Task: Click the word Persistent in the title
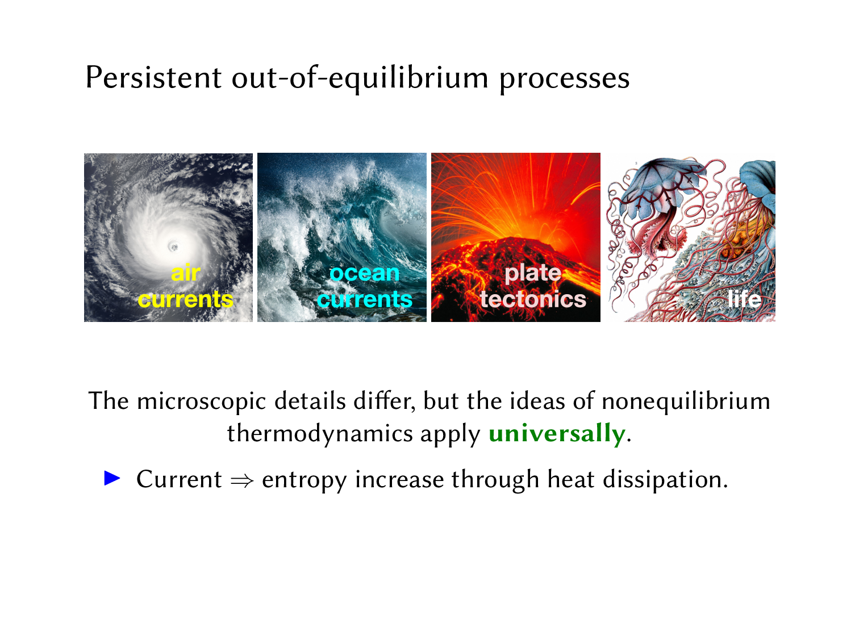tap(154, 77)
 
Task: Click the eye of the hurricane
tap(173, 246)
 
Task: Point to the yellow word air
tap(186, 273)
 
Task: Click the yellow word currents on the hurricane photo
tap(186, 299)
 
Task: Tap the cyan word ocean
tap(364, 273)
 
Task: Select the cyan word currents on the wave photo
tap(364, 299)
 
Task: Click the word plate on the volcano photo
tap(533, 274)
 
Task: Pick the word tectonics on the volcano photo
tap(533, 299)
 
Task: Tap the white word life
tap(744, 299)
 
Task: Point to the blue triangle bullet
tap(112, 478)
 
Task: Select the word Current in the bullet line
tap(179, 479)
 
